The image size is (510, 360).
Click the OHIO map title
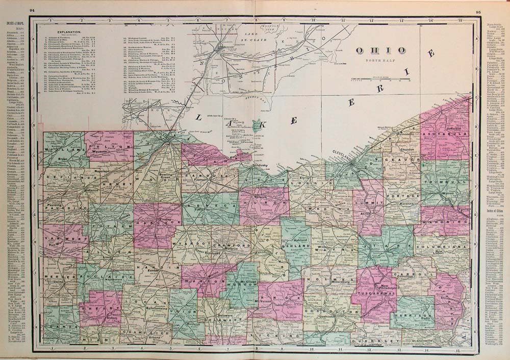pyautogui.click(x=381, y=50)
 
